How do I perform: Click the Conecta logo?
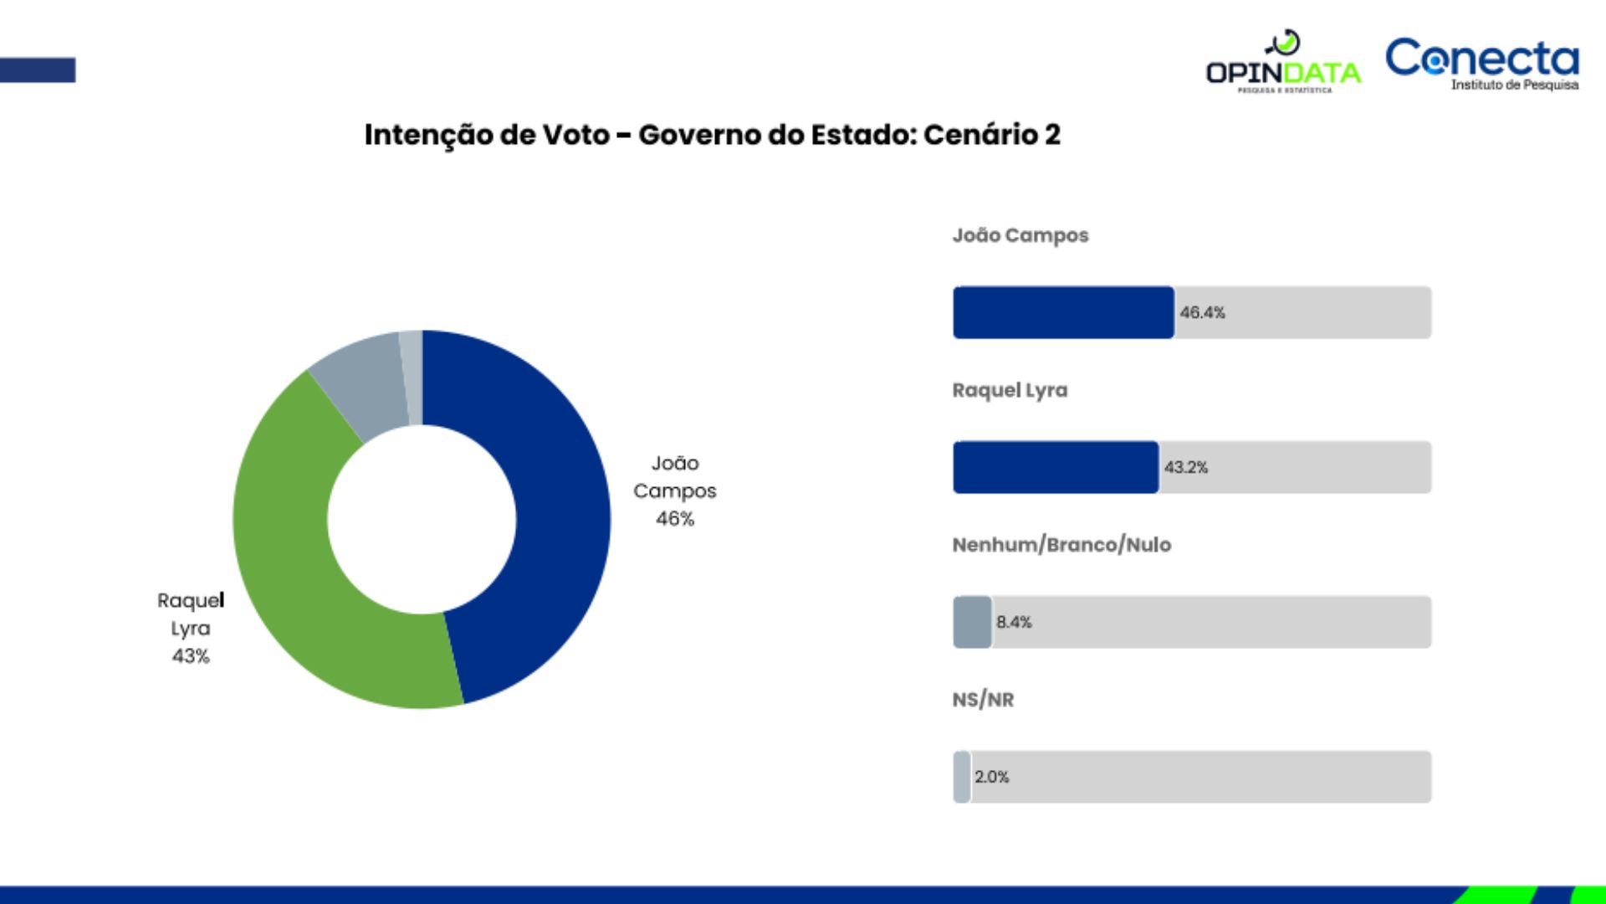[x=1482, y=63]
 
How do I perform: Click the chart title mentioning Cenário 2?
[x=712, y=135]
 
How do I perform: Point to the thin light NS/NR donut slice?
[x=412, y=377]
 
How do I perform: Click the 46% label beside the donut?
[x=675, y=518]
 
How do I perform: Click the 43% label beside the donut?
[x=191, y=655]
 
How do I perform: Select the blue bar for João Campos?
[x=1063, y=312]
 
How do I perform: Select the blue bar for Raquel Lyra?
[x=1056, y=467]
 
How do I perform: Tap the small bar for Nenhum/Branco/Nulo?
[x=972, y=622]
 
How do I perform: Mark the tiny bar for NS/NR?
[x=962, y=777]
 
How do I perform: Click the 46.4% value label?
[x=1202, y=312]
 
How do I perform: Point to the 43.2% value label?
[x=1186, y=467]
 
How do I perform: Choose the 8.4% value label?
[x=1014, y=622]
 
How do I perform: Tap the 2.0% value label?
[x=992, y=777]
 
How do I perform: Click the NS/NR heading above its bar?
[x=983, y=700]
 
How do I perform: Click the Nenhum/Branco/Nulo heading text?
[x=1061, y=545]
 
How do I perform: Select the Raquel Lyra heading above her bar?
[x=1010, y=390]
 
